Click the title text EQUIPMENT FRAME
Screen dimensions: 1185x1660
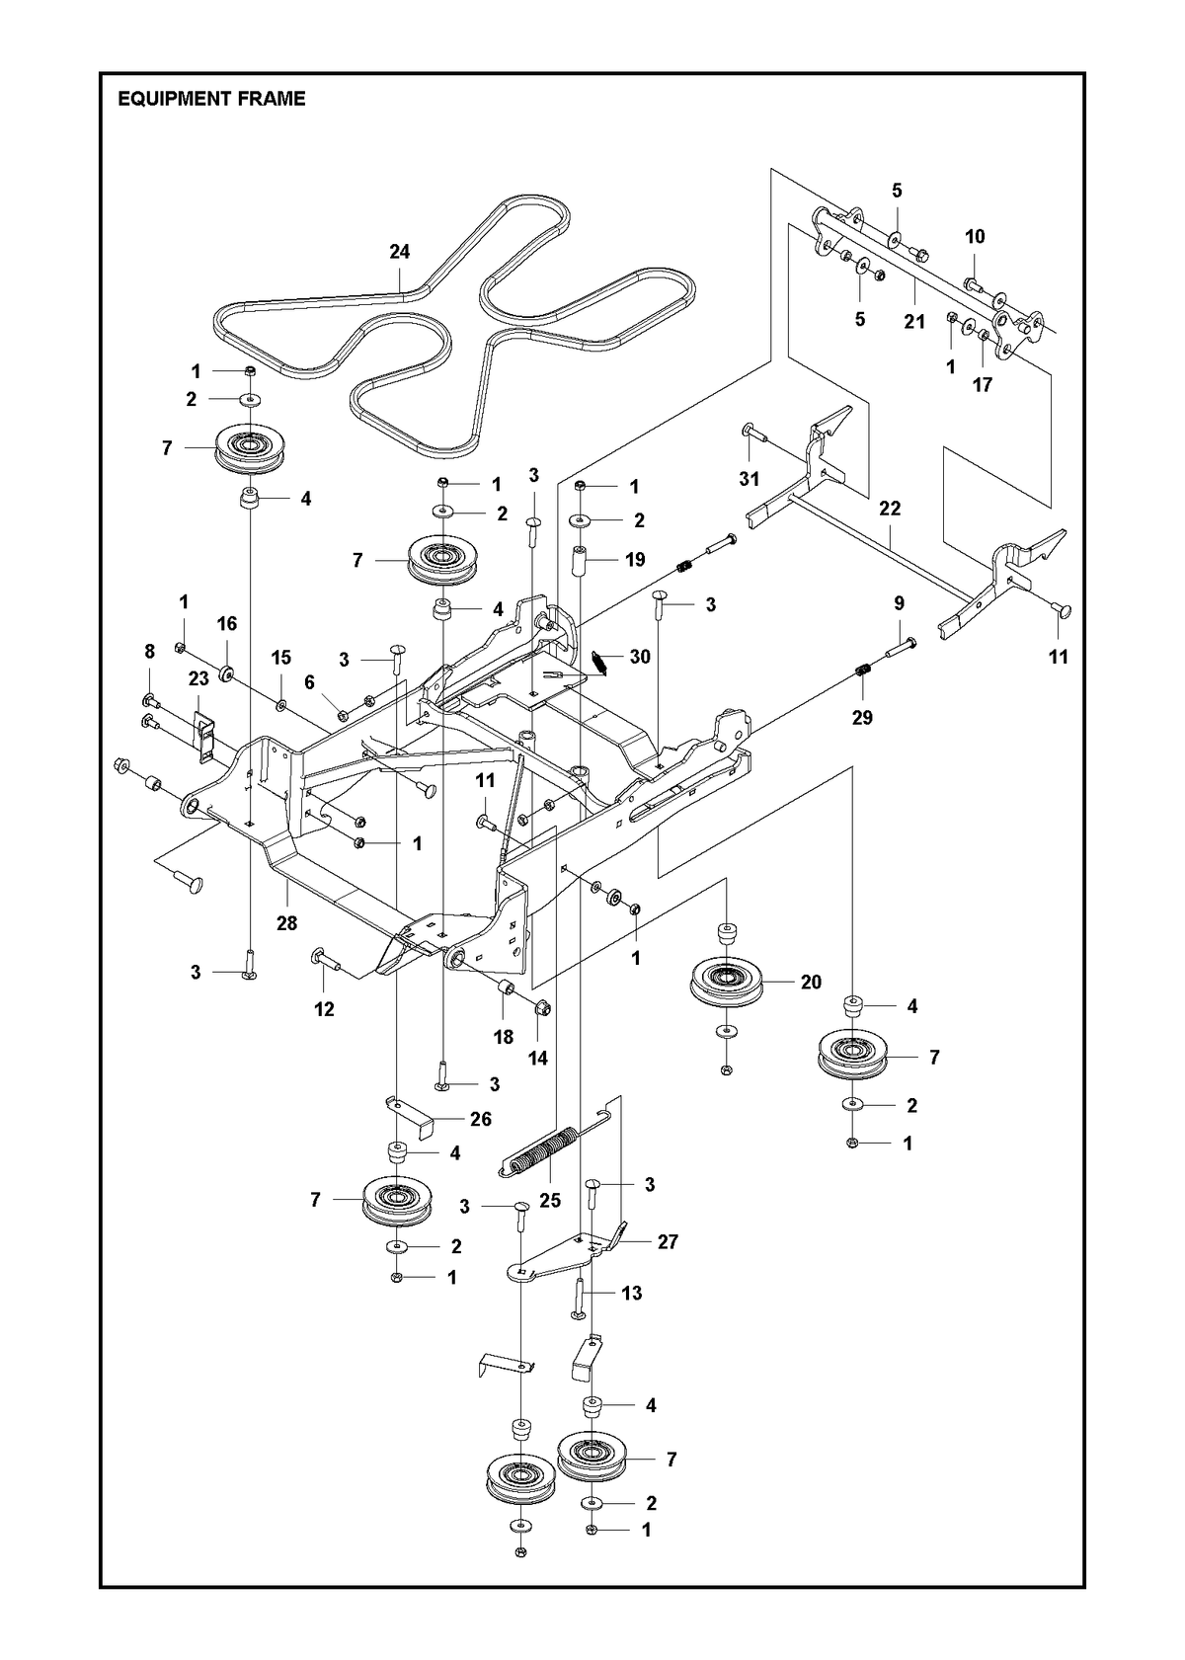pos(211,99)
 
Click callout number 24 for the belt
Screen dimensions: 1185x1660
pos(400,252)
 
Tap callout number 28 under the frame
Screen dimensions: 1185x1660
pos(286,923)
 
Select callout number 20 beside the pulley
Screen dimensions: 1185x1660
pos(811,982)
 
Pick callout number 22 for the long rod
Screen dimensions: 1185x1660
pos(890,509)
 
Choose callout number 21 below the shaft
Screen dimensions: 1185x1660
pos(914,322)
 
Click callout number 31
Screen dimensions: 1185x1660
pos(750,479)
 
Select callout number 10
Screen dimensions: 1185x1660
pos(975,236)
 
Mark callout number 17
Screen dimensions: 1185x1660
pos(982,384)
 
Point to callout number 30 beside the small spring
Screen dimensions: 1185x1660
pos(640,657)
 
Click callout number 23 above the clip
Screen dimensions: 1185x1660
pos(198,679)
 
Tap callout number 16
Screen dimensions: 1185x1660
pos(227,624)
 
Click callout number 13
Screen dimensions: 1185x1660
pos(631,1294)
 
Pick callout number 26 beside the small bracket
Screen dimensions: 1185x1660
pos(480,1119)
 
